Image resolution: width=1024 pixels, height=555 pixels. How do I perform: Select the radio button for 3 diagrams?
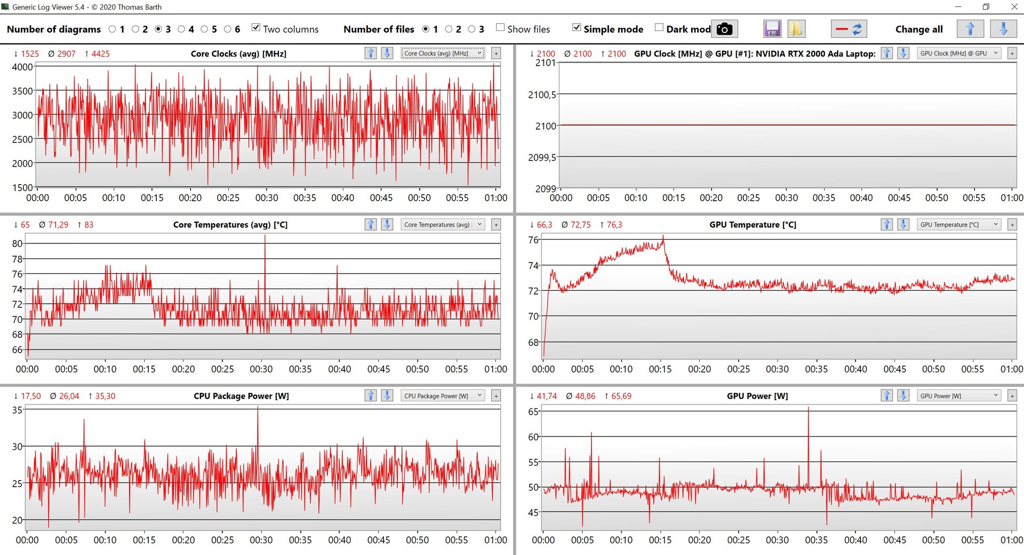pyautogui.click(x=158, y=29)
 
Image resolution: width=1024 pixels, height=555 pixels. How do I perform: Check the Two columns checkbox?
pyautogui.click(x=256, y=28)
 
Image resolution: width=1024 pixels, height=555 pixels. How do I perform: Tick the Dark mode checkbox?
pyautogui.click(x=659, y=28)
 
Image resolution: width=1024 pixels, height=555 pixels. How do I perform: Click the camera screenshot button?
pyautogui.click(x=724, y=29)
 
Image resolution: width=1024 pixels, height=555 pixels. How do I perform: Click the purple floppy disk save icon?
pyautogui.click(x=772, y=29)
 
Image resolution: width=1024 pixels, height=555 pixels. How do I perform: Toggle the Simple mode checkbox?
pyautogui.click(x=577, y=28)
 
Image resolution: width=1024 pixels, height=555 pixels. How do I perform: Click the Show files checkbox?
pyautogui.click(x=500, y=28)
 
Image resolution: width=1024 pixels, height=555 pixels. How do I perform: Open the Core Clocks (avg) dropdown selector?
pyautogui.click(x=443, y=53)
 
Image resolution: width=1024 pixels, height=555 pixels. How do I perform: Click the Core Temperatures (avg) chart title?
pyautogui.click(x=230, y=225)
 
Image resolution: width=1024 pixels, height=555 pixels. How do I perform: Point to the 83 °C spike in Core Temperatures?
pyautogui.click(x=265, y=236)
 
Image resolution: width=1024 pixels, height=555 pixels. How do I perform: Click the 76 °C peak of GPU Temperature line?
pyautogui.click(x=663, y=236)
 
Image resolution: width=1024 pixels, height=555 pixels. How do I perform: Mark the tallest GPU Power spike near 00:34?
pyautogui.click(x=808, y=409)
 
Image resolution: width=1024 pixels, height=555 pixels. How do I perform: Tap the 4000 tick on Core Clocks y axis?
pyautogui.click(x=22, y=67)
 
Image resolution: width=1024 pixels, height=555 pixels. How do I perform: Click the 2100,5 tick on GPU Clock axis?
pyautogui.click(x=542, y=95)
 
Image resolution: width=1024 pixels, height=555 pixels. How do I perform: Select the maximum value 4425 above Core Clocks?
pyautogui.click(x=100, y=54)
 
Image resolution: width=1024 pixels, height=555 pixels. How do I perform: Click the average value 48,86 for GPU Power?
pyautogui.click(x=585, y=396)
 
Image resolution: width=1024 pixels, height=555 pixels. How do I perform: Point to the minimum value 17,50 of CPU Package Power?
pyautogui.click(x=30, y=396)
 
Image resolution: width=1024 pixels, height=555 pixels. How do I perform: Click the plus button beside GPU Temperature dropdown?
pyautogui.click(x=1012, y=225)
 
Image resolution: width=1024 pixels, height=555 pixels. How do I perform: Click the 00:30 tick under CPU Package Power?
pyautogui.click(x=261, y=540)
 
